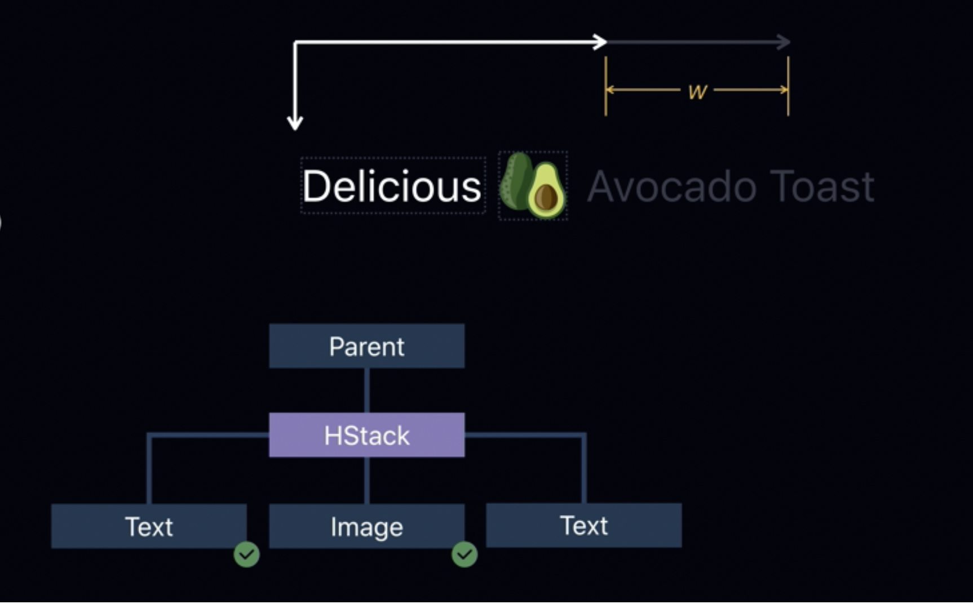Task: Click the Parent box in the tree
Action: [366, 346]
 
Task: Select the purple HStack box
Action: [366, 435]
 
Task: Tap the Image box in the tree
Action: [366, 526]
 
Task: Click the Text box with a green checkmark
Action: [148, 526]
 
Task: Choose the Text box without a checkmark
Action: [583, 525]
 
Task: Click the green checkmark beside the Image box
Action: [465, 554]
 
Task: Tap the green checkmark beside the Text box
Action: [246, 554]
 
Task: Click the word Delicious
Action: [392, 186]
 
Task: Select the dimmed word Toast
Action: [822, 186]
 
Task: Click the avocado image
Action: [533, 186]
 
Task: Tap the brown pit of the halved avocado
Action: [546, 197]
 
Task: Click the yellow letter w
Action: [697, 91]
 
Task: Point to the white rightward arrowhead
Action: [600, 42]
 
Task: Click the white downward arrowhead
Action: [295, 122]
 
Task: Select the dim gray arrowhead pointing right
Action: [784, 42]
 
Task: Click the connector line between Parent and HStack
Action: [366, 390]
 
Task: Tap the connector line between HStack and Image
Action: [366, 480]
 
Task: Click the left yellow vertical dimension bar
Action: [606, 87]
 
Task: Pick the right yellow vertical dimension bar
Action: [788, 87]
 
